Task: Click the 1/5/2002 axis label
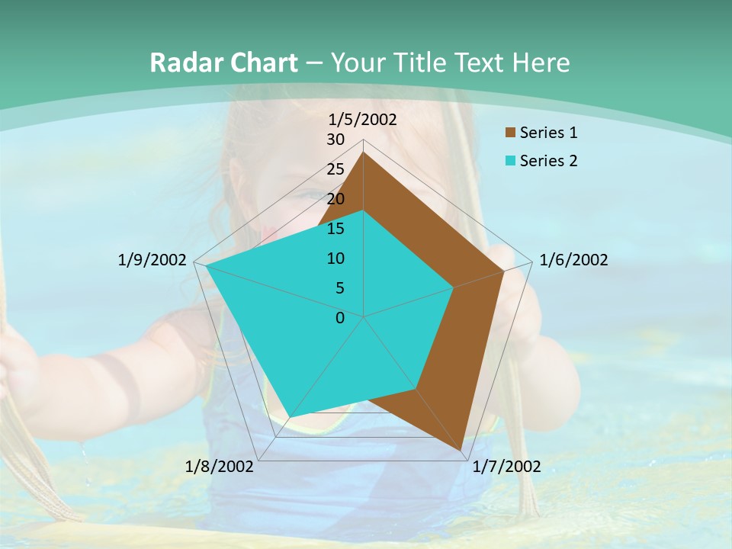click(363, 119)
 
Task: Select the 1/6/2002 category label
click(573, 260)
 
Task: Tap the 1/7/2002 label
click(506, 467)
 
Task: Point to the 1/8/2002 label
click(220, 467)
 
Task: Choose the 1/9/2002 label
click(152, 260)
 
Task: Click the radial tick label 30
click(335, 140)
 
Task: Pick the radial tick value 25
click(335, 169)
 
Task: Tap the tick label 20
click(335, 199)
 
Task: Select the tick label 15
click(335, 229)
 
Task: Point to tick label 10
click(335, 258)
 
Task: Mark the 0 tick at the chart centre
click(340, 318)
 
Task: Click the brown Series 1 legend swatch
click(510, 133)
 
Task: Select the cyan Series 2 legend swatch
click(510, 161)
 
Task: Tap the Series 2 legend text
click(549, 161)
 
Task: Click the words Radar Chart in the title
click(223, 63)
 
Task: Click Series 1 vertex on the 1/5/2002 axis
click(364, 152)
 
